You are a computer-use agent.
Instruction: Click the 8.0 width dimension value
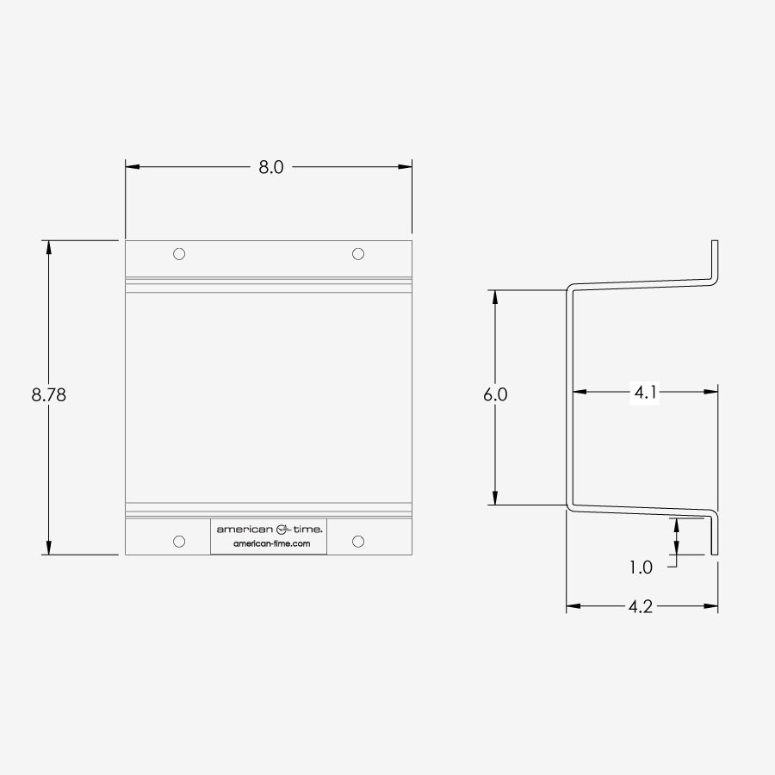271,167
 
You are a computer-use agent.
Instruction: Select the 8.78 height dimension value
48,394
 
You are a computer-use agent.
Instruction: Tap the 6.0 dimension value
495,394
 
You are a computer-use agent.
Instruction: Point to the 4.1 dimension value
645,393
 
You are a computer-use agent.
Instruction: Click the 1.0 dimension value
641,567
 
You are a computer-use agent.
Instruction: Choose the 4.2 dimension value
641,606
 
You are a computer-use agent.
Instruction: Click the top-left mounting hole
179,254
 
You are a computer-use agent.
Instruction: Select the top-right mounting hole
358,254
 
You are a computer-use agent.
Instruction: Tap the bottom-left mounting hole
179,542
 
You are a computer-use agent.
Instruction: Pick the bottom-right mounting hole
358,542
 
